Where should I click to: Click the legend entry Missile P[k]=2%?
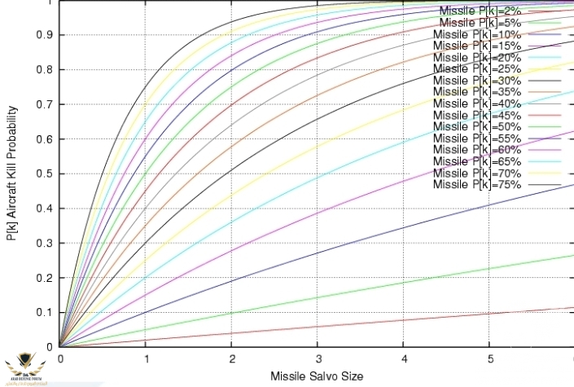(480, 11)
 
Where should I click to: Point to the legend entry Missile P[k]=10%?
(476, 34)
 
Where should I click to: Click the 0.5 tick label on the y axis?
(43, 174)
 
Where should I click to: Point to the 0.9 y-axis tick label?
(43, 35)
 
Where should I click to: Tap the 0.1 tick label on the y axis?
(43, 312)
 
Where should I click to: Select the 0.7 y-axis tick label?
(43, 104)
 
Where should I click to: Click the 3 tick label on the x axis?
(318, 358)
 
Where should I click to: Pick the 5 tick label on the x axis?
(489, 358)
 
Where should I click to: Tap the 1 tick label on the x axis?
(146, 358)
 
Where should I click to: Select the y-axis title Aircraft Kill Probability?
(12, 173)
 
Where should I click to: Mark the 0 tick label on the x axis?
(60, 358)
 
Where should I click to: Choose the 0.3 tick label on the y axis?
(43, 243)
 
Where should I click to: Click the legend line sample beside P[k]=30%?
(545, 81)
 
